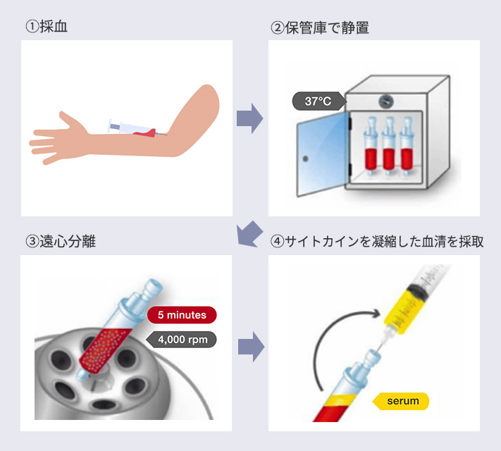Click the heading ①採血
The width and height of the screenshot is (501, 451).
(x=47, y=27)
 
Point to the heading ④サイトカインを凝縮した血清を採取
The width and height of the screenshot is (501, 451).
(x=377, y=241)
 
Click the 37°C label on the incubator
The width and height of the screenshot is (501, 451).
(x=317, y=101)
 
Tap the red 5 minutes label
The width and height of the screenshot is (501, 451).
(x=182, y=314)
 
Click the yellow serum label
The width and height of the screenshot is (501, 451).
(x=402, y=401)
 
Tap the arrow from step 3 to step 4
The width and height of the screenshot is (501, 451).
(x=249, y=345)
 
